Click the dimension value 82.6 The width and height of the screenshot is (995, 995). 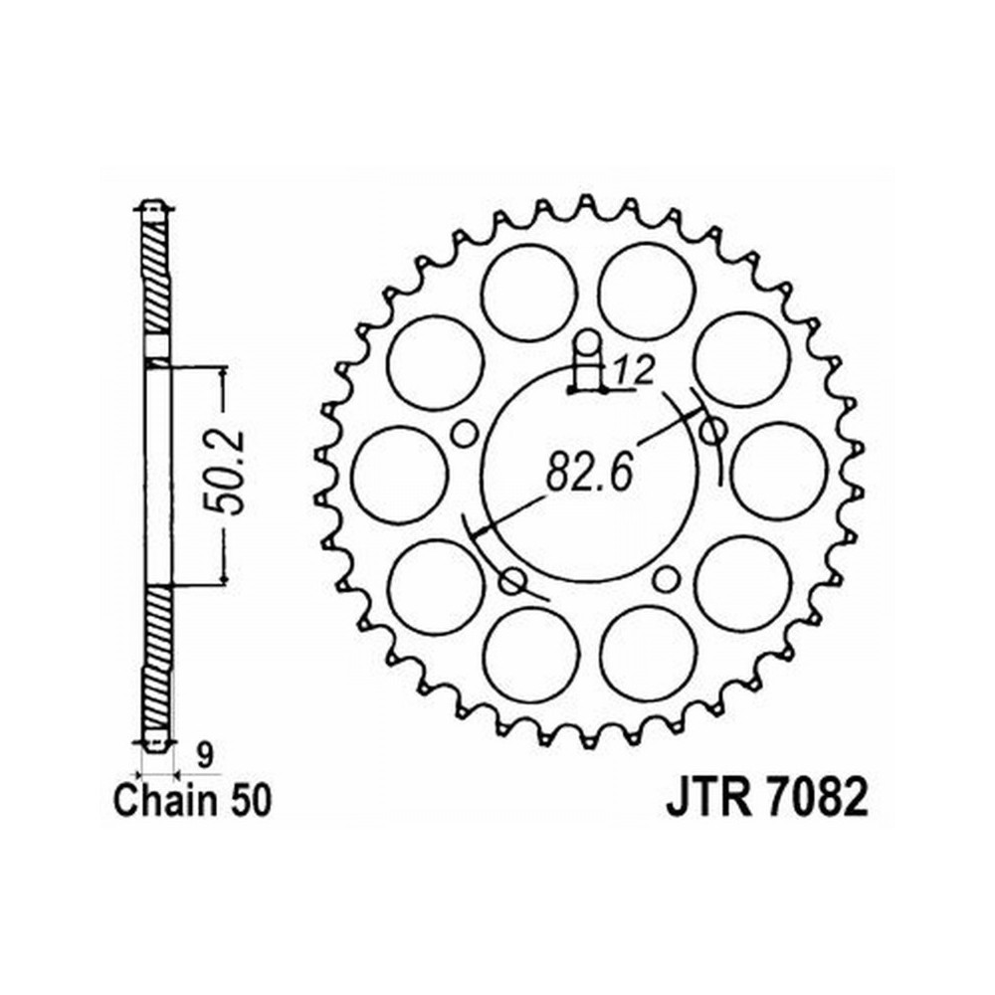pyautogui.click(x=590, y=471)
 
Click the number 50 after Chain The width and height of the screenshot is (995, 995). pyautogui.click(x=248, y=801)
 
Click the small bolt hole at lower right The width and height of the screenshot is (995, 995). pyautogui.click(x=667, y=576)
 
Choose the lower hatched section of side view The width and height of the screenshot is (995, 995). pyautogui.click(x=155, y=661)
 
